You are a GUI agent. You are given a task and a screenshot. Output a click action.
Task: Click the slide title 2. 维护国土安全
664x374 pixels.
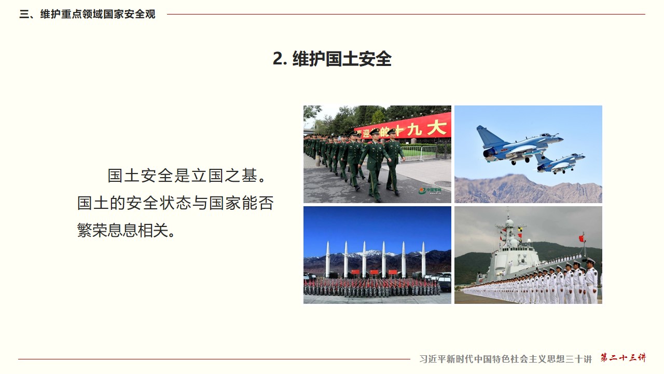[x=332, y=59]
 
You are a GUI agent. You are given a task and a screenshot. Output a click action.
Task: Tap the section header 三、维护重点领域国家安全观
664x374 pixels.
[x=87, y=14]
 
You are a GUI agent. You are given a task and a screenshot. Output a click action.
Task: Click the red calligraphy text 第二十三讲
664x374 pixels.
[x=623, y=357]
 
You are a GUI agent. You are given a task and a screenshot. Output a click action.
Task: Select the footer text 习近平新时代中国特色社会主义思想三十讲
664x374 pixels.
[x=505, y=359]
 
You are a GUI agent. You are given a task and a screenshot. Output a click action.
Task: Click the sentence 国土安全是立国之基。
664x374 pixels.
[x=187, y=176]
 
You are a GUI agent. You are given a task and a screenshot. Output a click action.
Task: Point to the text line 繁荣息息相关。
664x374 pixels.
[x=127, y=230]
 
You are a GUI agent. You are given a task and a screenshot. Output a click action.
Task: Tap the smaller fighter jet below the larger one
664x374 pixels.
[x=560, y=164]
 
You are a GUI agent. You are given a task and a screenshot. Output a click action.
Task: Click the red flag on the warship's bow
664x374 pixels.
[x=582, y=238]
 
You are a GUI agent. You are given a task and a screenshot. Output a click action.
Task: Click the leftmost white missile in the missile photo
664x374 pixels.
[x=327, y=259]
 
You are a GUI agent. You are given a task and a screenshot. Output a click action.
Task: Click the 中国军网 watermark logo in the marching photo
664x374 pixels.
[x=430, y=191]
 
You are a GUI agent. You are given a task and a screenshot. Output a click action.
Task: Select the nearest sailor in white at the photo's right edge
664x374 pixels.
[x=591, y=280]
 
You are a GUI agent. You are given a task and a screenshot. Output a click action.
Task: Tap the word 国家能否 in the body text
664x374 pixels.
[x=241, y=203]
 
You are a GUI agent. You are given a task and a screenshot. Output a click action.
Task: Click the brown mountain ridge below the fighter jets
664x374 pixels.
[x=528, y=189]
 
